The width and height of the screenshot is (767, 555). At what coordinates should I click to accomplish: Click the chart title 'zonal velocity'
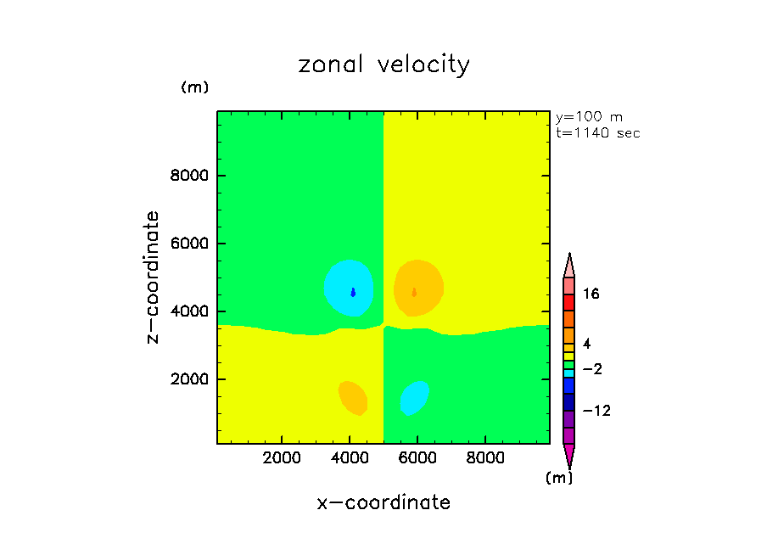tap(383, 65)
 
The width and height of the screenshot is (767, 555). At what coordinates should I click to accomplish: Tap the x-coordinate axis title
tap(383, 502)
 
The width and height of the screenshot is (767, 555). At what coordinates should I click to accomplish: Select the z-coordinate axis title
tap(154, 277)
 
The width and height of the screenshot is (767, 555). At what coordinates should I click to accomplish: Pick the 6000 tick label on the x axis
tap(417, 459)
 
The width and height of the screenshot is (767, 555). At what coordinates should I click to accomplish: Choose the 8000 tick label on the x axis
tap(484, 459)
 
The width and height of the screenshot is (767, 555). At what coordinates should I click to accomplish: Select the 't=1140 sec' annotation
tap(597, 133)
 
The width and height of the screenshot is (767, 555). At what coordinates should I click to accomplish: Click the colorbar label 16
tap(591, 294)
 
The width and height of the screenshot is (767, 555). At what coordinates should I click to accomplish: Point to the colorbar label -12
tap(595, 412)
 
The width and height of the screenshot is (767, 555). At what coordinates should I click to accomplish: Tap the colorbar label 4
tap(586, 343)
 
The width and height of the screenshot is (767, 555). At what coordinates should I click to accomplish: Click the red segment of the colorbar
tap(568, 303)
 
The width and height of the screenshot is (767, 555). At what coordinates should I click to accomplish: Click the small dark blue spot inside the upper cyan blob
tap(353, 292)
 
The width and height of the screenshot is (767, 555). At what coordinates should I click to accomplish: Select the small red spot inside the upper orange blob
tap(414, 292)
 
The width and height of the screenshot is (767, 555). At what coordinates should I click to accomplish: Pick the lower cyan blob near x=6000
tap(414, 397)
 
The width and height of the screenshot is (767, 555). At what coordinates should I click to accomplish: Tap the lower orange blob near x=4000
tap(352, 396)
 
